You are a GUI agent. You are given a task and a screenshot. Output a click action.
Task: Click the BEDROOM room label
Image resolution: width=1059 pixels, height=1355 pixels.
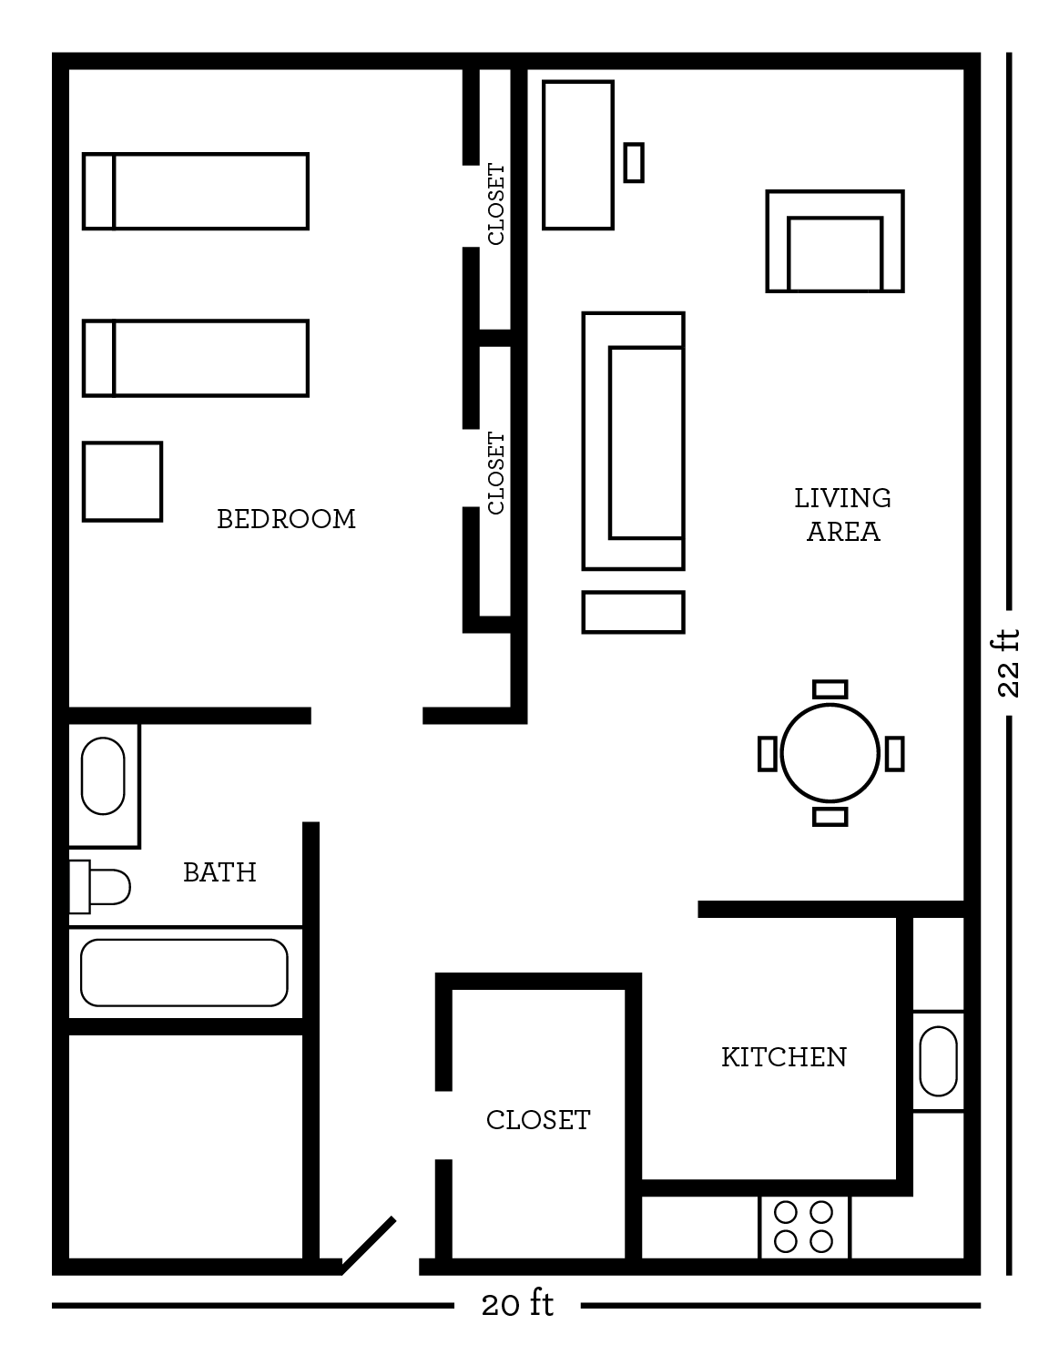click(x=286, y=519)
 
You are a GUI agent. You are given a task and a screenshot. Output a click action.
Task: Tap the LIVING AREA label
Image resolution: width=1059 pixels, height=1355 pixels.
click(x=842, y=514)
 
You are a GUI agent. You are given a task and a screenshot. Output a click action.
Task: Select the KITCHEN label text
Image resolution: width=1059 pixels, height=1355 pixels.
click(x=784, y=1057)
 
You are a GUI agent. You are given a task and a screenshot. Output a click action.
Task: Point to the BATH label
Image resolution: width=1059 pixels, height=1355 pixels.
click(x=220, y=872)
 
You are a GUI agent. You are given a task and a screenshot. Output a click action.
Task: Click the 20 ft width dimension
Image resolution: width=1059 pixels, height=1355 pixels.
click(x=517, y=1305)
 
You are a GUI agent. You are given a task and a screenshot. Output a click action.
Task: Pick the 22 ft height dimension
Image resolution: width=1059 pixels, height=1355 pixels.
click(x=1008, y=663)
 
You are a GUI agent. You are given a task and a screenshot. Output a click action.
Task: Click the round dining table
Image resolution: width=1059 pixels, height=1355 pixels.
click(x=830, y=753)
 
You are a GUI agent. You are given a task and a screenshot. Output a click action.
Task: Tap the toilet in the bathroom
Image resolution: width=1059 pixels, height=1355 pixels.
click(x=100, y=887)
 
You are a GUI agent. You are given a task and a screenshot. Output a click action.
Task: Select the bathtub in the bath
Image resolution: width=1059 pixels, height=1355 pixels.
click(x=185, y=973)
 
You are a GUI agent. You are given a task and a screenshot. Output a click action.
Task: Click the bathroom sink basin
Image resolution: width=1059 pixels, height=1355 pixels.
click(x=103, y=777)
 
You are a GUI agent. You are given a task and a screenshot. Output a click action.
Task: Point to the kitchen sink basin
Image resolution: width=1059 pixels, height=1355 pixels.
click(x=938, y=1061)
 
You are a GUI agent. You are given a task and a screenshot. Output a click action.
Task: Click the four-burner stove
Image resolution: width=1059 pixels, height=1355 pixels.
click(x=804, y=1228)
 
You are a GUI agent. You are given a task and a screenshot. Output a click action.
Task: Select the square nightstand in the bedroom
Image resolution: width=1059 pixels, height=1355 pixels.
click(x=123, y=482)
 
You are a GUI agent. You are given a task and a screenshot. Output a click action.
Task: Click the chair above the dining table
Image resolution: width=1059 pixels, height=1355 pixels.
click(x=830, y=689)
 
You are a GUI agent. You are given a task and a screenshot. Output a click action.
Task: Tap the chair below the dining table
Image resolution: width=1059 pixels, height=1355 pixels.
click(x=830, y=817)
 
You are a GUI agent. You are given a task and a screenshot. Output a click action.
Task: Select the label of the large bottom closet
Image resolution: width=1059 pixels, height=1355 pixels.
click(x=538, y=1121)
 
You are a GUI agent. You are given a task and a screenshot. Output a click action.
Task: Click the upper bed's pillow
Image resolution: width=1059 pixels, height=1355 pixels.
click(x=98, y=191)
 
